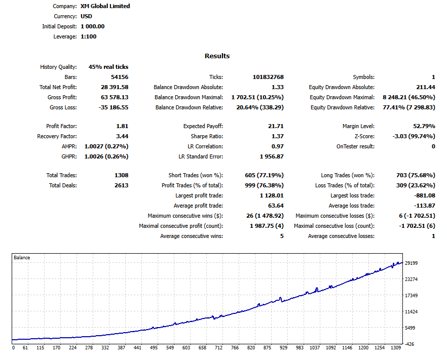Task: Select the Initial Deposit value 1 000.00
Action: [x=93, y=26]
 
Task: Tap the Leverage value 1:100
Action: [x=89, y=36]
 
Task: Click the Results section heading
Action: [x=217, y=56]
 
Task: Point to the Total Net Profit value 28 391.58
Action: [x=115, y=87]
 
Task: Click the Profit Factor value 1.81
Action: [x=123, y=126]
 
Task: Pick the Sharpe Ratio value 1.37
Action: [x=277, y=136]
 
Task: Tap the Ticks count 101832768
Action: [x=268, y=77]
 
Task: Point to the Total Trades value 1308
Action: [x=121, y=175]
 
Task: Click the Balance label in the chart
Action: [x=22, y=258]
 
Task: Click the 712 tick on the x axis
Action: [x=218, y=348]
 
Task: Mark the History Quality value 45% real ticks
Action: [x=108, y=67]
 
